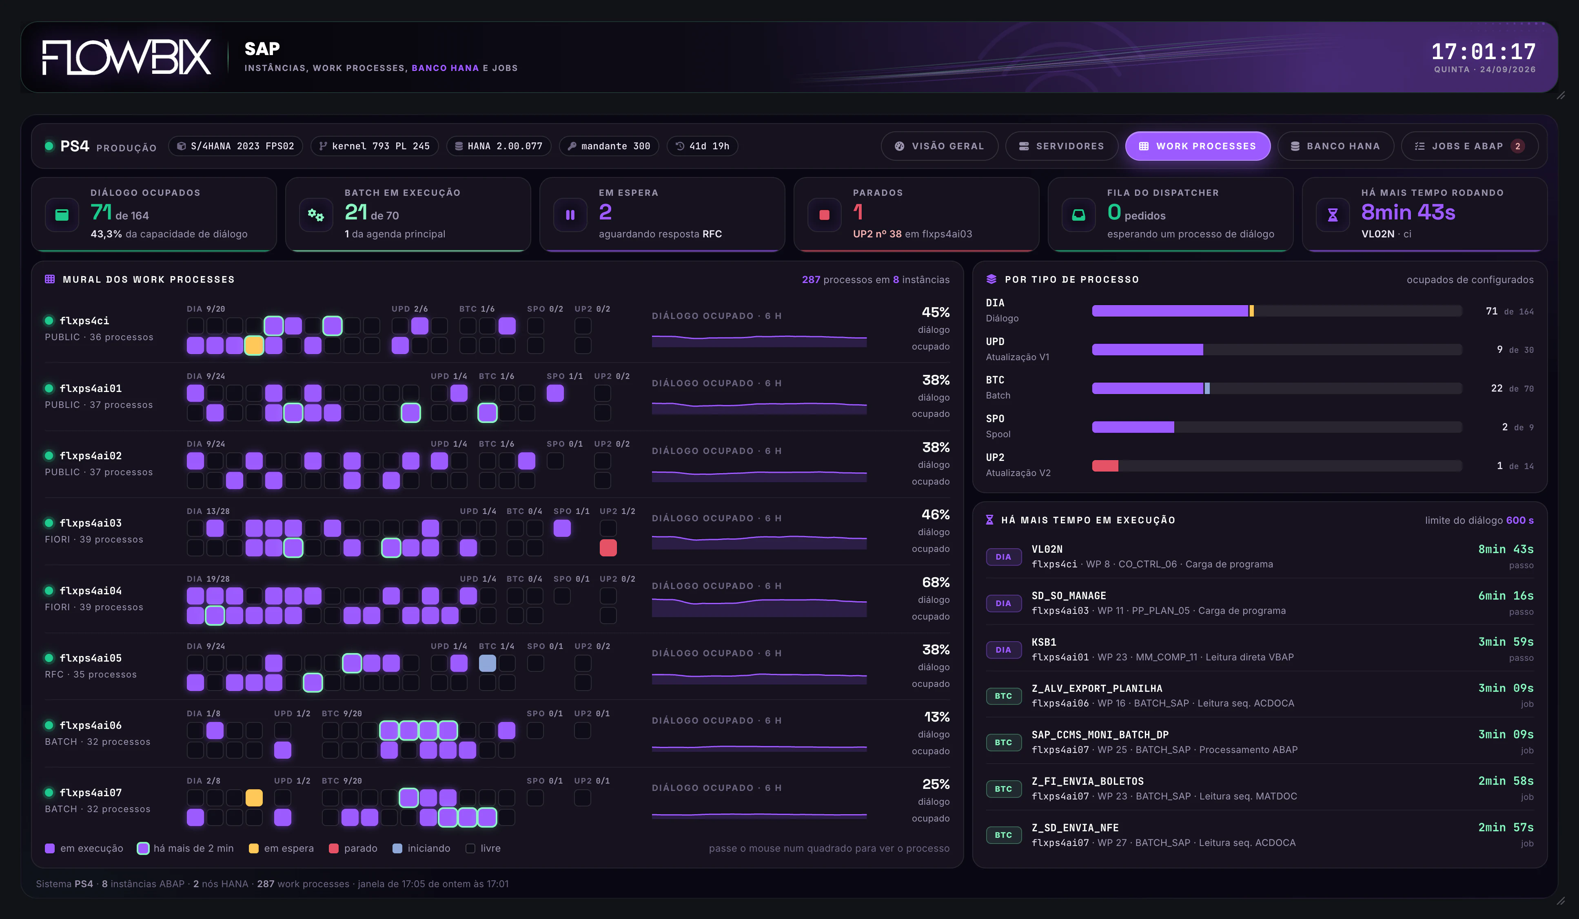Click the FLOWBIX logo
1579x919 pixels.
tap(126, 57)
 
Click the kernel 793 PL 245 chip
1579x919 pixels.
tap(374, 146)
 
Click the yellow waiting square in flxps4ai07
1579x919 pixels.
tap(254, 797)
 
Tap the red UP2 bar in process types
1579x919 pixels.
tap(1104, 465)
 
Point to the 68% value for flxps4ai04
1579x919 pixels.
tap(936, 582)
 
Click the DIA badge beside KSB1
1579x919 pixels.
tap(1003, 650)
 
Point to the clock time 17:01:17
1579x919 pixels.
tap(1483, 51)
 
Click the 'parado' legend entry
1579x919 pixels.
tap(353, 848)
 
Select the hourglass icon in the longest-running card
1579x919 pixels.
tap(1332, 215)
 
